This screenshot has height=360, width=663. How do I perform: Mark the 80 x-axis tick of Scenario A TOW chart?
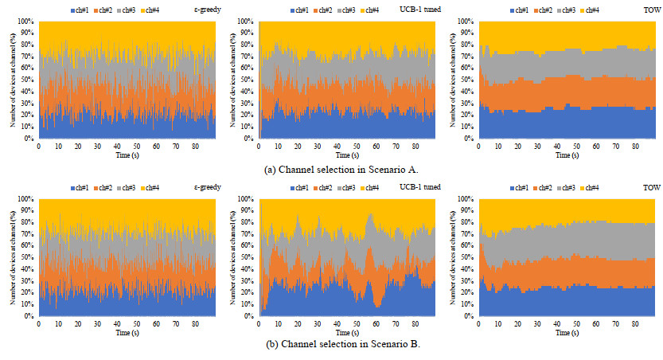click(x=634, y=147)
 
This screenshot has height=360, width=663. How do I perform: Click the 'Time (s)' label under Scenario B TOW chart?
click(x=567, y=331)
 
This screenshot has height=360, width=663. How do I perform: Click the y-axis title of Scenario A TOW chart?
click(x=454, y=80)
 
